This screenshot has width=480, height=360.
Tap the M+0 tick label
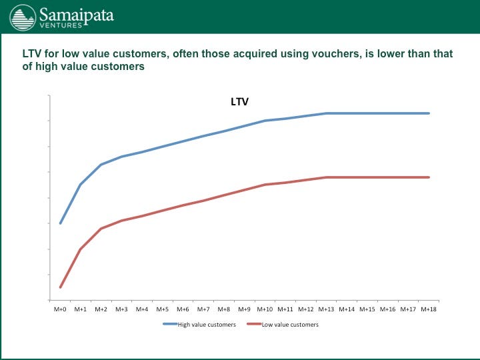[60, 309]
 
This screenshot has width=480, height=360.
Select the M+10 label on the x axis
[265, 309]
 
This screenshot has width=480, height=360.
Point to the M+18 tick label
[429, 309]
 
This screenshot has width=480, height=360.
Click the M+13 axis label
[326, 309]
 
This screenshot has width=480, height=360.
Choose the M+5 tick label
[163, 309]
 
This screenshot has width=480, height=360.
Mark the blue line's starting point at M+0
[60, 223]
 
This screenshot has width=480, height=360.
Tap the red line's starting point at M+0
[60, 287]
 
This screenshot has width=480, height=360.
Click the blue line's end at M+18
[429, 113]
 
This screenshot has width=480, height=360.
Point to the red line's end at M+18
[429, 177]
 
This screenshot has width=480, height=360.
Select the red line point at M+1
[81, 249]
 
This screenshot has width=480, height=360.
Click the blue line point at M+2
[101, 165]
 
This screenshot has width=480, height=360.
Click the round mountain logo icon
[23, 18]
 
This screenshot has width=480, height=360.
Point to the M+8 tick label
[224, 309]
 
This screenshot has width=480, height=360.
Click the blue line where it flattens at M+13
[326, 113]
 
